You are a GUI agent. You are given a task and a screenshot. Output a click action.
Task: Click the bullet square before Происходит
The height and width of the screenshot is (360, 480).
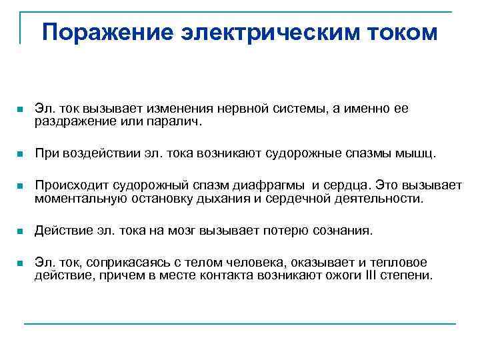pos(21,186)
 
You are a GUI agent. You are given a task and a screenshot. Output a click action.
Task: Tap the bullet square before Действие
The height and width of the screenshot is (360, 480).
pos(21,231)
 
